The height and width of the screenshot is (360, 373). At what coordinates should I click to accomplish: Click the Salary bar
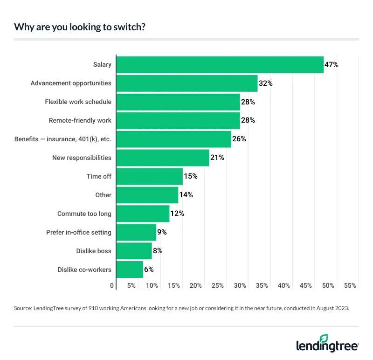pos(220,65)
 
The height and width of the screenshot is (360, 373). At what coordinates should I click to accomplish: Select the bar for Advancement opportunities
pos(186,83)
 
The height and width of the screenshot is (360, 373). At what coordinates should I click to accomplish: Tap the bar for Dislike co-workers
pos(130,270)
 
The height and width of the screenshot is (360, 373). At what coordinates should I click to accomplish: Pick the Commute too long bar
pos(143,214)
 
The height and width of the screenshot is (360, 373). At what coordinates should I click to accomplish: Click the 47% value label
pos(332,65)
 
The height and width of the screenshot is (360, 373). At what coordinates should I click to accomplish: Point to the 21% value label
pos(217,158)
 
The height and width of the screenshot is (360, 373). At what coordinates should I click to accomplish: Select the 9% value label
pos(162,232)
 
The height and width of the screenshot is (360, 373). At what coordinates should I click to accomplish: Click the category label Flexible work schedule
pos(78,102)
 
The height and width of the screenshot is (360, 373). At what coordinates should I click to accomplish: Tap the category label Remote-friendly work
pos(80,120)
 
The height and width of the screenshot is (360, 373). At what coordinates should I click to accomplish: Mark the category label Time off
pos(99,176)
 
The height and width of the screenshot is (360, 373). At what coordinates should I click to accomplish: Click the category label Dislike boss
pos(94,251)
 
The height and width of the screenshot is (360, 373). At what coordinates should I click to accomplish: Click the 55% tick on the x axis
pos(350,285)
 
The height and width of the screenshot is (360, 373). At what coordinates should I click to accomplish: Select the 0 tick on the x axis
pos(112,285)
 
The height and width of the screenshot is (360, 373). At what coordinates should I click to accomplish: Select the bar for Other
pos(147,195)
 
